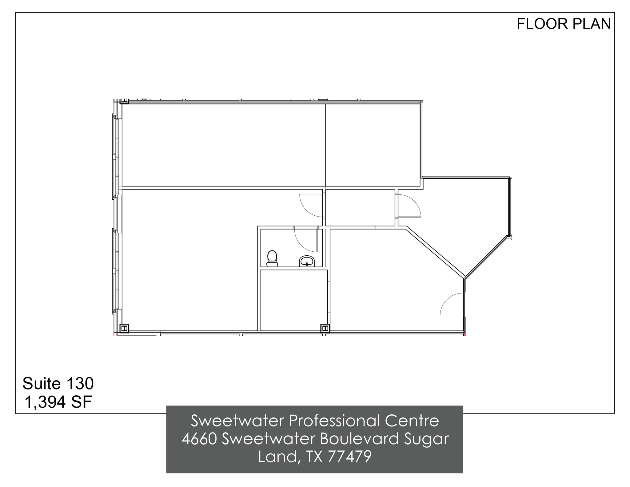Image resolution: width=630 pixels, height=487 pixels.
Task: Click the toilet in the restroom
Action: [x=272, y=258]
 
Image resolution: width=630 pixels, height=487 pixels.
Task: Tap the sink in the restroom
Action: [x=307, y=261]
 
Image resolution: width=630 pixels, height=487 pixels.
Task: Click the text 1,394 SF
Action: [x=58, y=402]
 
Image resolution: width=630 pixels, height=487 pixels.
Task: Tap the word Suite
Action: [x=41, y=384]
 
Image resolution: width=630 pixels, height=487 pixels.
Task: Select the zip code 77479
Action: [x=349, y=457]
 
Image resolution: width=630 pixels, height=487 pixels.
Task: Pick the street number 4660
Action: [x=200, y=439]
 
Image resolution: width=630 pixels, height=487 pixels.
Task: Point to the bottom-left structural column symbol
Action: [x=124, y=329]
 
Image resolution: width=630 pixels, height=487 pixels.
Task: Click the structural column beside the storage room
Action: [x=325, y=329]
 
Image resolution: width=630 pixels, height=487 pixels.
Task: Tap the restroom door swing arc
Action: [x=305, y=240]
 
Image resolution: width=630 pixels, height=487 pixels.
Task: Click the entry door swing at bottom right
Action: [x=452, y=305]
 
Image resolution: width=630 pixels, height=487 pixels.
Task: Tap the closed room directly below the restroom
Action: [x=293, y=300]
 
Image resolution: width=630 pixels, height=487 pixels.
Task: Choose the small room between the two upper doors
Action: [x=360, y=208]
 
